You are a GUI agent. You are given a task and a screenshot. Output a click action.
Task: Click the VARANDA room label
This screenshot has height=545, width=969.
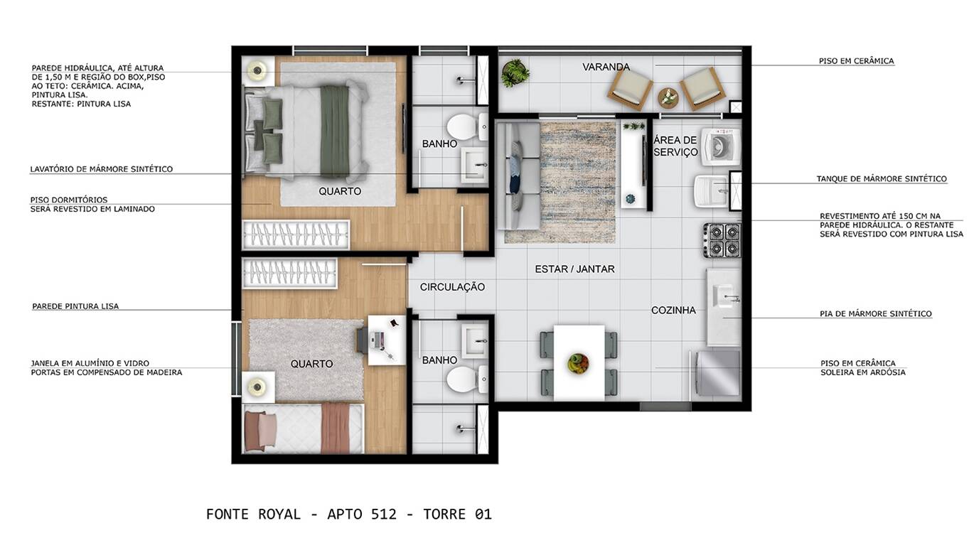click(x=606, y=67)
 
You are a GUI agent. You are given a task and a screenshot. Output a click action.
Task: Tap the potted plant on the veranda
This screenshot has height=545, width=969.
click(x=515, y=73)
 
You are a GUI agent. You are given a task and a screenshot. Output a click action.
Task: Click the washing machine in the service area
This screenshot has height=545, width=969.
click(x=720, y=146)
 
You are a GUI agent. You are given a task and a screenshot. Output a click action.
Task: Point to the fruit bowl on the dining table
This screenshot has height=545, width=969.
click(x=579, y=363)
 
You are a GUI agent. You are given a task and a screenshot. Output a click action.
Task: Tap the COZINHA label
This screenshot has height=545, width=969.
click(x=673, y=310)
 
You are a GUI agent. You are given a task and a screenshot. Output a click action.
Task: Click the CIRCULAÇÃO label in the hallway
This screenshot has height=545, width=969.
click(x=452, y=287)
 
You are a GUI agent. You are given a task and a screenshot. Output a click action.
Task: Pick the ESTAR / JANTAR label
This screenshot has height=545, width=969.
click(x=574, y=269)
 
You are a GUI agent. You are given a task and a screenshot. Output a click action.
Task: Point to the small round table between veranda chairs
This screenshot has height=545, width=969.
click(x=668, y=98)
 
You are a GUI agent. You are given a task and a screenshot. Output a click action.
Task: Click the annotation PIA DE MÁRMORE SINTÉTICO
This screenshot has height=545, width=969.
click(x=876, y=314)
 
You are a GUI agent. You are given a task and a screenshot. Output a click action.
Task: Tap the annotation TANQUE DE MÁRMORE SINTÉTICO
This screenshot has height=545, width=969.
click(x=882, y=178)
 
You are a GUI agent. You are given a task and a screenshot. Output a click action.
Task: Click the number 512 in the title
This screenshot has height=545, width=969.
click(x=384, y=514)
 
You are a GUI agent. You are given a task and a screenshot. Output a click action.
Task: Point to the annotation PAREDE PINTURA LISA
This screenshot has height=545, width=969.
click(x=75, y=306)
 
